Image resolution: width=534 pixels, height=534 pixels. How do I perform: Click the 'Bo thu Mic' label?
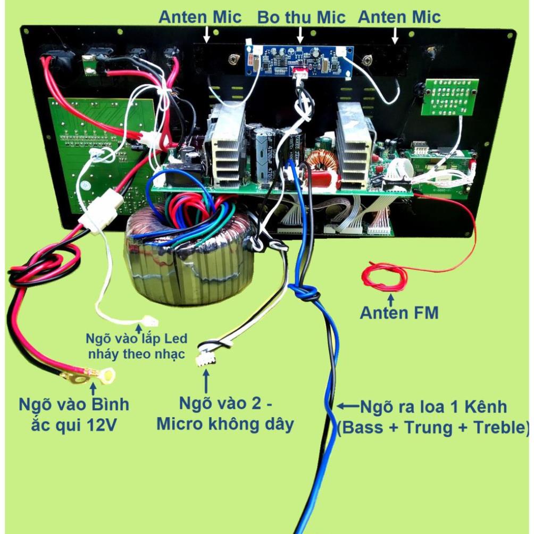301,17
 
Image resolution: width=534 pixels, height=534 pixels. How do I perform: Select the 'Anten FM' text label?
399,313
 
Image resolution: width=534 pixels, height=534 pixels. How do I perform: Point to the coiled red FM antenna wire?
385,277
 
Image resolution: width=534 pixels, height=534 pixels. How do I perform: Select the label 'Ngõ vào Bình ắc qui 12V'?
74,414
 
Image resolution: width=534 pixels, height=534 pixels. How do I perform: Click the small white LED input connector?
148,321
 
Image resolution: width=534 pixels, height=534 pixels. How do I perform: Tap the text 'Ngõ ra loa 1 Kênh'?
433,408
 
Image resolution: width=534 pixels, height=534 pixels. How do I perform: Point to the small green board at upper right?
449,97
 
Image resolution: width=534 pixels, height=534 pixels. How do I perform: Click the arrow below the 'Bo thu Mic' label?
300,35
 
